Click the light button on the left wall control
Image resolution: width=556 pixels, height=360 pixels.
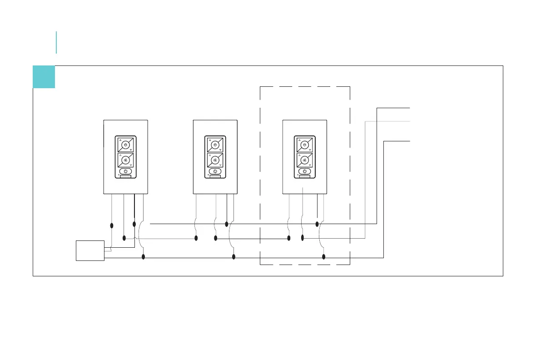click(x=125, y=145)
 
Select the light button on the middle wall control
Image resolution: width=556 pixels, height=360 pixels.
click(x=215, y=145)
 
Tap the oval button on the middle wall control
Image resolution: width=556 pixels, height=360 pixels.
click(x=215, y=171)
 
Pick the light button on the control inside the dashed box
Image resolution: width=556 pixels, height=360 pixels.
click(x=305, y=145)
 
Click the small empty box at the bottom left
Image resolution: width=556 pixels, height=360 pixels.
click(x=90, y=251)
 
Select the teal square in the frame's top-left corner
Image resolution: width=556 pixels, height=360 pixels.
click(x=44, y=77)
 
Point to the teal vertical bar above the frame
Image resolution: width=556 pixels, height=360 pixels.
click(x=56, y=42)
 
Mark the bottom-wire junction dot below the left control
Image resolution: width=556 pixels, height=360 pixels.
click(x=144, y=257)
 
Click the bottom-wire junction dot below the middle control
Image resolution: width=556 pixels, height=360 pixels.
click(x=233, y=257)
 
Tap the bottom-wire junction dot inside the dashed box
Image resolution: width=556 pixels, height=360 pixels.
click(x=324, y=257)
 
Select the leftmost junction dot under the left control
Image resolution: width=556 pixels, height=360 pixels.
click(x=112, y=225)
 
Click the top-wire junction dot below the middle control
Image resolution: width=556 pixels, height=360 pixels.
click(x=227, y=224)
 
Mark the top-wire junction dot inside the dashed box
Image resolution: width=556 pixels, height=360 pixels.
click(x=317, y=224)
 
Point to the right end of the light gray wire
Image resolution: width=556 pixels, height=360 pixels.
click(x=410, y=121)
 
